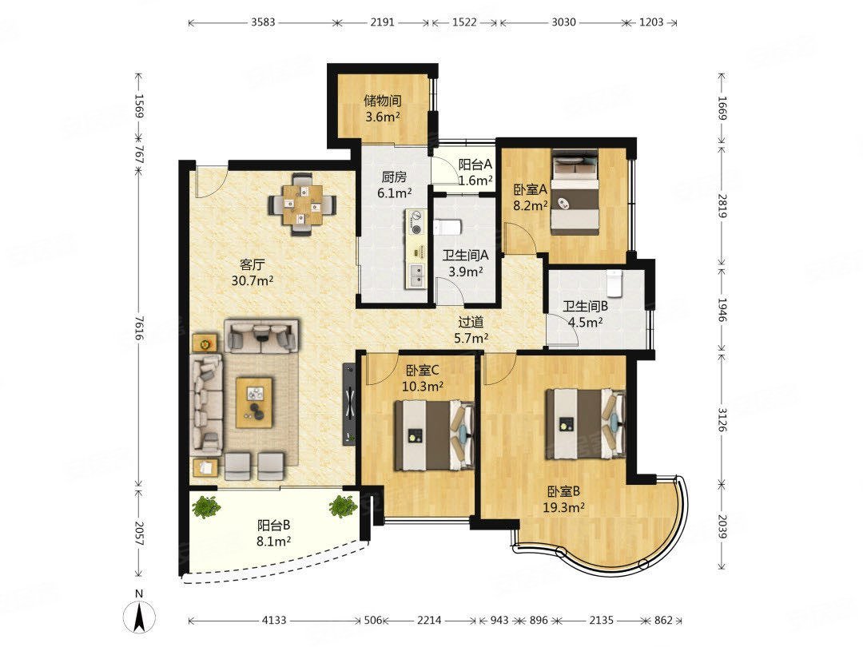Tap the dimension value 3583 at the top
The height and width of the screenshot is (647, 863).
pyautogui.click(x=263, y=22)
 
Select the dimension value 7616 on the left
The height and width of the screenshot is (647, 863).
pyautogui.click(x=139, y=328)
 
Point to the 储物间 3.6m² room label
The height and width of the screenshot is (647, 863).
pyautogui.click(x=383, y=109)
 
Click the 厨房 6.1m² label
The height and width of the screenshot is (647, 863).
pyautogui.click(x=395, y=185)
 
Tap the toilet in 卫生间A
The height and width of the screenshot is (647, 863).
pyautogui.click(x=445, y=228)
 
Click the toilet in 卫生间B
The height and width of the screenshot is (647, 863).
pyautogui.click(x=614, y=282)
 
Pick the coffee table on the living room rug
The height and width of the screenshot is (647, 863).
pyautogui.click(x=254, y=402)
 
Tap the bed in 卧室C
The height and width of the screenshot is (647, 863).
pyautogui.click(x=434, y=435)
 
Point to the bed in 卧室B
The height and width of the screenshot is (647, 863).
pyautogui.click(x=585, y=423)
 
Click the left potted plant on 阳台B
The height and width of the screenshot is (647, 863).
pyautogui.click(x=206, y=506)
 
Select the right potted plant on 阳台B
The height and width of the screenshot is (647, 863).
pyautogui.click(x=344, y=506)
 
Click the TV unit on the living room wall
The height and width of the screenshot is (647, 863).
pyautogui.click(x=349, y=404)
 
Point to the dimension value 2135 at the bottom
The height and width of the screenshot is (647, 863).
pyautogui.click(x=601, y=620)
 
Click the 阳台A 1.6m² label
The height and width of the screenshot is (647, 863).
pyautogui.click(x=475, y=172)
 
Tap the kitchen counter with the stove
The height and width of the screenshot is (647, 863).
pyautogui.click(x=416, y=248)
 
